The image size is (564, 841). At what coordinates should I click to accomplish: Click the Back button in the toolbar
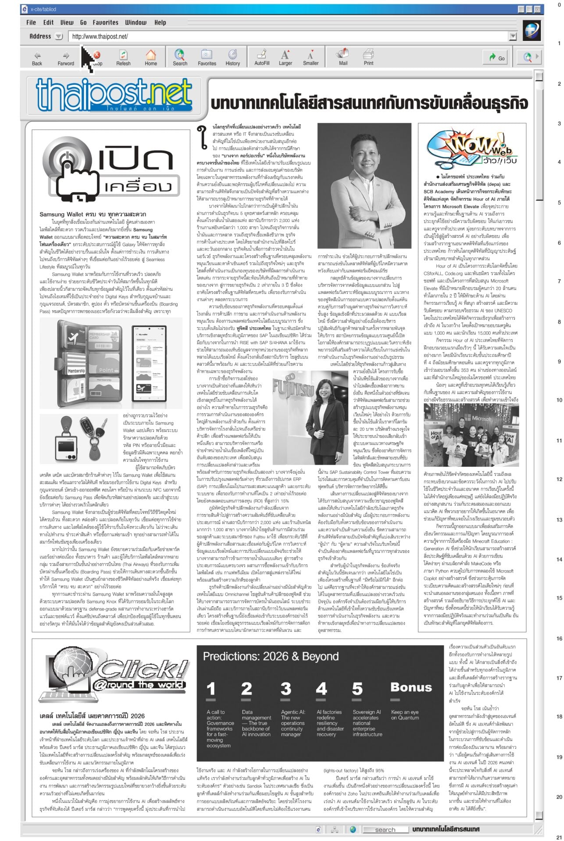point(37,57)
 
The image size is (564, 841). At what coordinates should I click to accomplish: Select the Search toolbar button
point(180,57)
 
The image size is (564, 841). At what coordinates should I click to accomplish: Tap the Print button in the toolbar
point(368,57)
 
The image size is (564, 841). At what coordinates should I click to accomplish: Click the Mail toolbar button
point(343,57)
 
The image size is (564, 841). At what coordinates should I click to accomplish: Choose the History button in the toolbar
point(232,57)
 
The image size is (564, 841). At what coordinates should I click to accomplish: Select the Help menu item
point(160,22)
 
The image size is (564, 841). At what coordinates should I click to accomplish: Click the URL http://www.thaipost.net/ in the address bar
point(100,37)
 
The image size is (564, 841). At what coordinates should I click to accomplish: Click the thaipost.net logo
point(115,95)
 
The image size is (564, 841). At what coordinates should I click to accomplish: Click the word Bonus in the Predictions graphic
point(411,687)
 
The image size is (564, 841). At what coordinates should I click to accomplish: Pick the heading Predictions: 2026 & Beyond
point(271,656)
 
